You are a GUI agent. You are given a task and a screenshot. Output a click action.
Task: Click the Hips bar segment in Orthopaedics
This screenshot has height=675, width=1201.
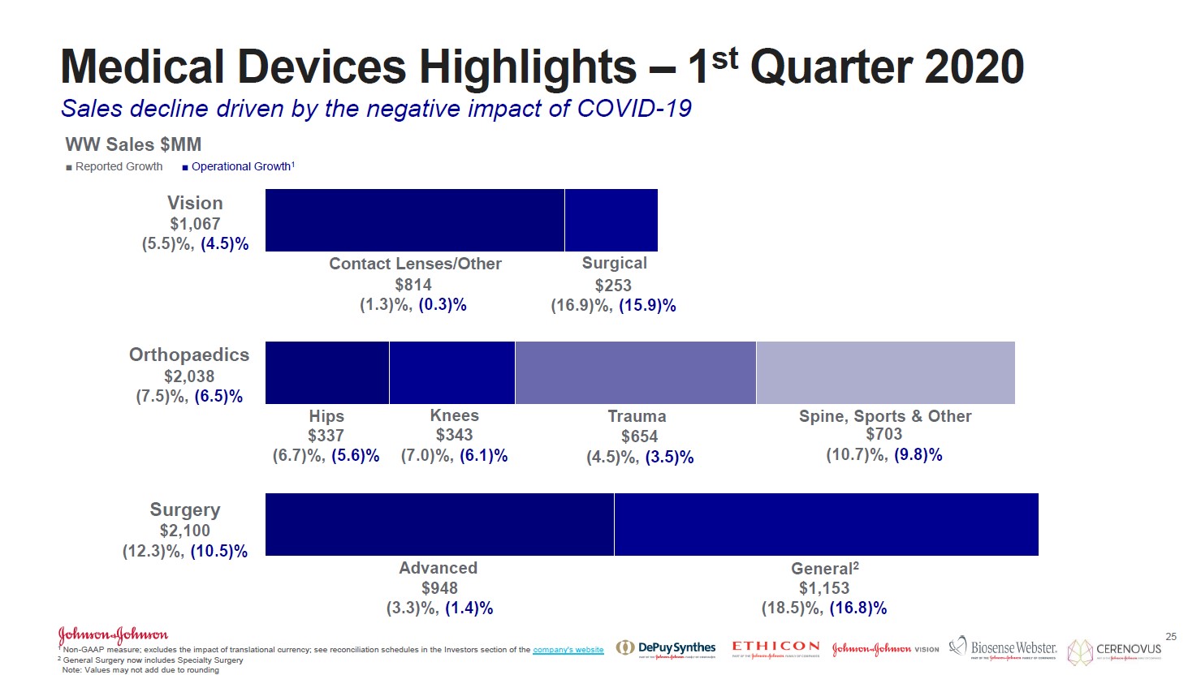pyautogui.click(x=327, y=372)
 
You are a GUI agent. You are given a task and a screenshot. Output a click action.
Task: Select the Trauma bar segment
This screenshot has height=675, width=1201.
pyautogui.click(x=635, y=372)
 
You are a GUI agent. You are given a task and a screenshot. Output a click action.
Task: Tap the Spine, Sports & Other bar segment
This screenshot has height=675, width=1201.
pyautogui.click(x=885, y=372)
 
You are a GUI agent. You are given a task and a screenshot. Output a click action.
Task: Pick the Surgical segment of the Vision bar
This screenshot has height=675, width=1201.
pyautogui.click(x=611, y=220)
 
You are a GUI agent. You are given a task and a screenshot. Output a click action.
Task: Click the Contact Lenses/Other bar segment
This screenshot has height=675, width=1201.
pyautogui.click(x=414, y=220)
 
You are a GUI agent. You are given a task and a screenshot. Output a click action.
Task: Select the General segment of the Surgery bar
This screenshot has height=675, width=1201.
pyautogui.click(x=826, y=524)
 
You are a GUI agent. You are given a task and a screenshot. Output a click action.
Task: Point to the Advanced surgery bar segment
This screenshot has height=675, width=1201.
pyautogui.click(x=439, y=524)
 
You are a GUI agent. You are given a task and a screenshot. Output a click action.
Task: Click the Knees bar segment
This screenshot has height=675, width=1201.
pyautogui.click(x=452, y=372)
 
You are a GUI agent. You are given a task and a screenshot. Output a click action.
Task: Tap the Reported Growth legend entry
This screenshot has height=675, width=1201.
pyautogui.click(x=114, y=166)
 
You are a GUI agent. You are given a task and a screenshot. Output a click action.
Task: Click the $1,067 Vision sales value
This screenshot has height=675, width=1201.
pyautogui.click(x=195, y=224)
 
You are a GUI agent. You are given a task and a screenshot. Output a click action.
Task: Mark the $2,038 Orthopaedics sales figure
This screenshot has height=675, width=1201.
pyautogui.click(x=189, y=376)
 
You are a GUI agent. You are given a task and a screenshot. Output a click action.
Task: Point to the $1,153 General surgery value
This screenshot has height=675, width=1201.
pyautogui.click(x=824, y=588)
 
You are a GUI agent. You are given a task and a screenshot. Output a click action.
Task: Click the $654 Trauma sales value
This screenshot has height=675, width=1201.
pyautogui.click(x=639, y=436)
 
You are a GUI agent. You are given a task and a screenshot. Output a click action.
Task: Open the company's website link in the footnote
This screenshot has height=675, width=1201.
pyautogui.click(x=568, y=650)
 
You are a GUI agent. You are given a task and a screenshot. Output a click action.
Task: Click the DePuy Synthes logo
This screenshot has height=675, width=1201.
pyautogui.click(x=666, y=647)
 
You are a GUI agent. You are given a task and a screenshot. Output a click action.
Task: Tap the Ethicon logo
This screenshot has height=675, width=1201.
pyautogui.click(x=775, y=647)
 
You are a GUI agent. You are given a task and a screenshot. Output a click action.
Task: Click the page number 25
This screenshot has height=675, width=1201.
pyautogui.click(x=1170, y=637)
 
